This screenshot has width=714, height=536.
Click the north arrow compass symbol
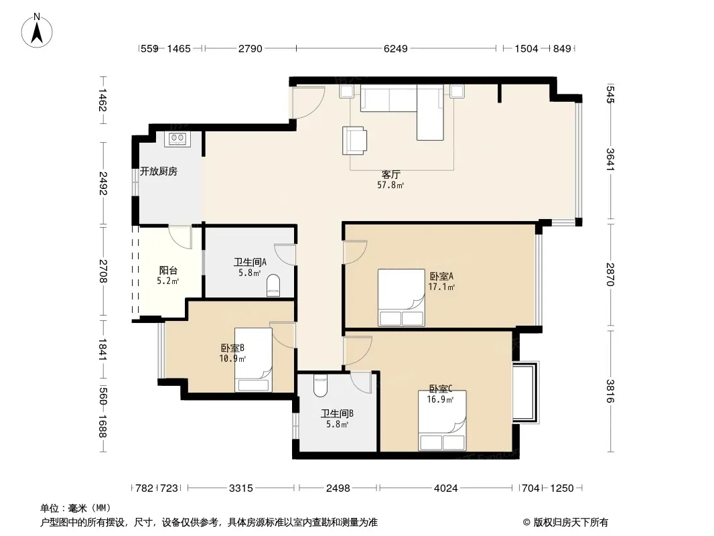point(37,31)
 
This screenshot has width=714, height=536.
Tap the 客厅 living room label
point(390,174)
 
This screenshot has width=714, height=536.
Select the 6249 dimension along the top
point(396,48)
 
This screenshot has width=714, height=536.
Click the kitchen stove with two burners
point(177,139)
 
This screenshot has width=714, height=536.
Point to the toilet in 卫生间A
point(273,285)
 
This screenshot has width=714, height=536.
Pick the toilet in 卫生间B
point(321,385)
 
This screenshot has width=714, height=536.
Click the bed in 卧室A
point(401,298)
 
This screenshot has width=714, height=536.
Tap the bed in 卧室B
point(253,360)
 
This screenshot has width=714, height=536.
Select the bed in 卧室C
point(442,421)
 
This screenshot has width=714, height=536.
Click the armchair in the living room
point(355,140)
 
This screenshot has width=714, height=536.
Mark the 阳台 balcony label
point(168,271)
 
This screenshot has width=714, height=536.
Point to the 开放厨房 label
point(159,172)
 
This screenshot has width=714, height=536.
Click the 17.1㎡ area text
point(441,287)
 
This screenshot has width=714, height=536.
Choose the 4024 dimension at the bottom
point(446,488)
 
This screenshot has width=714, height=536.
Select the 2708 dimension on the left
point(103,271)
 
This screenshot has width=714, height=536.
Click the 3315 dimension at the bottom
point(241,488)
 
